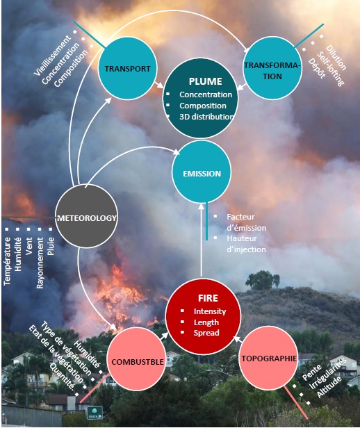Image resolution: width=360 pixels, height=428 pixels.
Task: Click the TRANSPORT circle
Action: tap(127, 68)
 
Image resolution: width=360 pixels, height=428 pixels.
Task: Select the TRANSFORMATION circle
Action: tap(272, 68)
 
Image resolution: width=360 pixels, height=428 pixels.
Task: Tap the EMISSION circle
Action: tap(202, 172)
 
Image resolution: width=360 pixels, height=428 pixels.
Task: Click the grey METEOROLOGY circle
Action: tap(86, 216)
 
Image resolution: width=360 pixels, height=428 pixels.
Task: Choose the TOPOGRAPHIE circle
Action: tap(268, 359)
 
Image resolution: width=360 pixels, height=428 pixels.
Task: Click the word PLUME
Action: tap(206, 81)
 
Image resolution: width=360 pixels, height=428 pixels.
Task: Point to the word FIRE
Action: tap(208, 298)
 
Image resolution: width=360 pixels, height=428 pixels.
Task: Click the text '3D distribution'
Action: tap(206, 117)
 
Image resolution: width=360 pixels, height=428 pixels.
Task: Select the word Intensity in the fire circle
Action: tap(210, 311)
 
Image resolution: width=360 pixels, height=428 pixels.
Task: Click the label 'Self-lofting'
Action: tap(330, 69)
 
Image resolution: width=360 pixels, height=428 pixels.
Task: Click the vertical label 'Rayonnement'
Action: tap(40, 263)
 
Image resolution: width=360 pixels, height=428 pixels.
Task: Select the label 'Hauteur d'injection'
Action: tap(246, 244)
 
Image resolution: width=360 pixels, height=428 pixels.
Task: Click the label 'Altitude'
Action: tap(329, 387)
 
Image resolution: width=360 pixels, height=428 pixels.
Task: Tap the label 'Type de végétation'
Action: tap(66, 348)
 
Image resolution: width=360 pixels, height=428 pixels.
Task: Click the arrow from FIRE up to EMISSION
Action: tap(201, 240)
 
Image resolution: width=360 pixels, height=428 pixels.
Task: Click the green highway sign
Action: tap(95, 413)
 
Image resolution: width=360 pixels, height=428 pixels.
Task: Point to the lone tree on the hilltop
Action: tap(263, 280)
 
